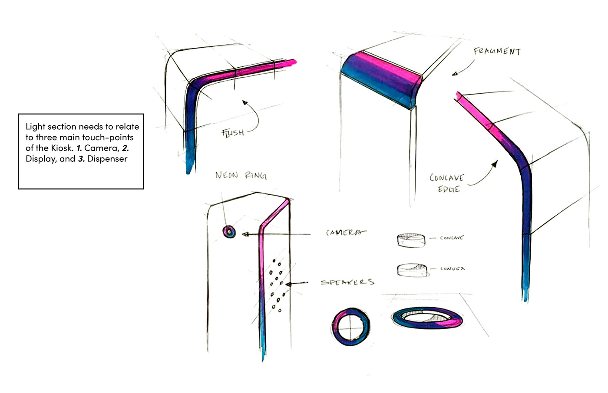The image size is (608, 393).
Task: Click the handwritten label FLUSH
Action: pyautogui.click(x=233, y=132)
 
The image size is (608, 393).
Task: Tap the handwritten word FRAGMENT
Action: pyautogui.click(x=497, y=51)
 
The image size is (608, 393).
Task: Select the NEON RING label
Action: pyautogui.click(x=241, y=175)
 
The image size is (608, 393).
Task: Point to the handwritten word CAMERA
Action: pyautogui.click(x=346, y=233)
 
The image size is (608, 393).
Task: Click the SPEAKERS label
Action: pyautogui.click(x=347, y=282)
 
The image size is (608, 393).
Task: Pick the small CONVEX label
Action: pyautogui.click(x=452, y=269)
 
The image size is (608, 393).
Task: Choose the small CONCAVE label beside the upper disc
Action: pyautogui.click(x=451, y=238)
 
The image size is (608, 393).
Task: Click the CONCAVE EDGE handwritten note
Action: pyautogui.click(x=447, y=183)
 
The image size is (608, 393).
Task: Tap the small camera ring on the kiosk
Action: pyautogui.click(x=229, y=232)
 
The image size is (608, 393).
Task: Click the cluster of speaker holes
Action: pyautogui.click(x=276, y=284)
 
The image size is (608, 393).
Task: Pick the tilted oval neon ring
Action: pyautogui.click(x=426, y=318)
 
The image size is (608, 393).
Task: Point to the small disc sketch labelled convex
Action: pyautogui.click(x=412, y=270)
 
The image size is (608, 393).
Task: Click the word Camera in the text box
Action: pyautogui.click(x=102, y=148)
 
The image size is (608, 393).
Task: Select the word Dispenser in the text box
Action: pyautogui.click(x=107, y=159)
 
